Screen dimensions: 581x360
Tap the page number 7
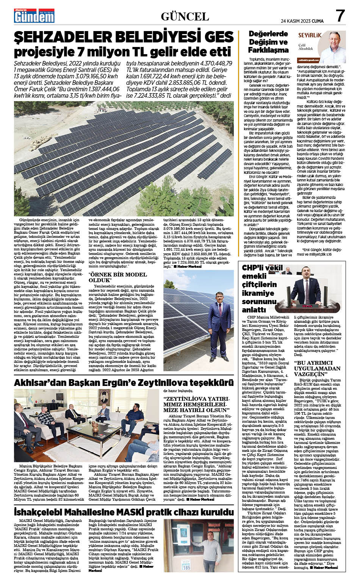coord(340,16)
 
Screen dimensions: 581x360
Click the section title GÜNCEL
coord(185,17)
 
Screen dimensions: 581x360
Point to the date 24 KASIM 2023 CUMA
coord(302,21)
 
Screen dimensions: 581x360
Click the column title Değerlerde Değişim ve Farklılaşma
coord(268,42)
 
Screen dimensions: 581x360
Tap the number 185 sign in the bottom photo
coord(186,568)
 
